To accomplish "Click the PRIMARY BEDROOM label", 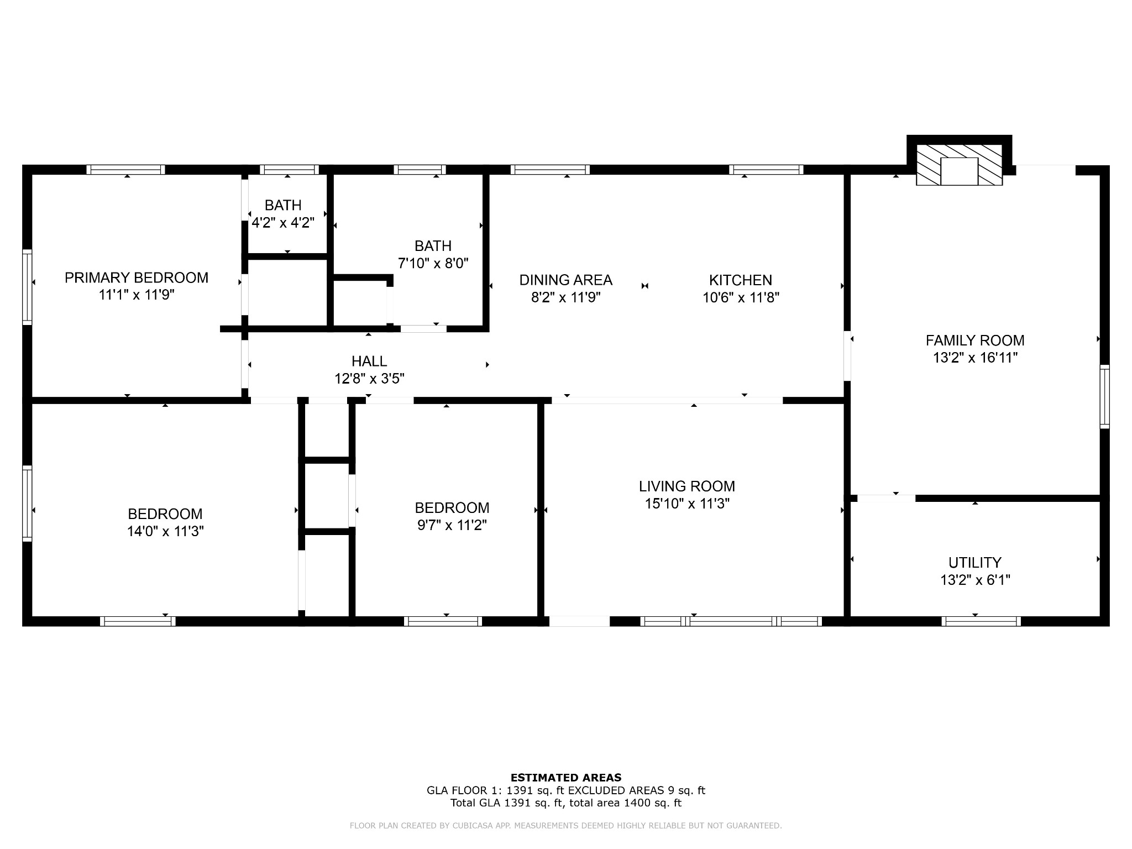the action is (x=137, y=277).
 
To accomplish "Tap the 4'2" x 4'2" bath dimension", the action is (x=283, y=223).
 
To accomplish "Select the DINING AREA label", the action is (x=565, y=280).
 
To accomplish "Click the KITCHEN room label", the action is (x=741, y=280).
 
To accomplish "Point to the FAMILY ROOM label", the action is (x=975, y=340).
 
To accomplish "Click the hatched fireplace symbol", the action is (x=959, y=165).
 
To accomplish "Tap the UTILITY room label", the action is (x=975, y=563).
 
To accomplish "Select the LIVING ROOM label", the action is (x=687, y=486).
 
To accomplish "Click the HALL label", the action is (x=369, y=361).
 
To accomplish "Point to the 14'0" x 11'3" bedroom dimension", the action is (x=165, y=532).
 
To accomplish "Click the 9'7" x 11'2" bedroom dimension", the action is (x=452, y=525).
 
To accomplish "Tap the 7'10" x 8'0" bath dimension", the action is (x=433, y=263).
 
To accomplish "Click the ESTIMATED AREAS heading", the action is (x=566, y=778).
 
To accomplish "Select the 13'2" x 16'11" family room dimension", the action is (x=975, y=358).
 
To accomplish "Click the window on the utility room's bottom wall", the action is (x=981, y=621).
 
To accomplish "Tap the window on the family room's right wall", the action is (x=1104, y=396).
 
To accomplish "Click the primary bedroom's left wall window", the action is (x=27, y=286).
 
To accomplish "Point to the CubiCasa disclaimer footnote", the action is (x=566, y=826).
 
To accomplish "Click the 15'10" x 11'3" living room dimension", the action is (x=687, y=504).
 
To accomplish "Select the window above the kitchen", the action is (x=766, y=170).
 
